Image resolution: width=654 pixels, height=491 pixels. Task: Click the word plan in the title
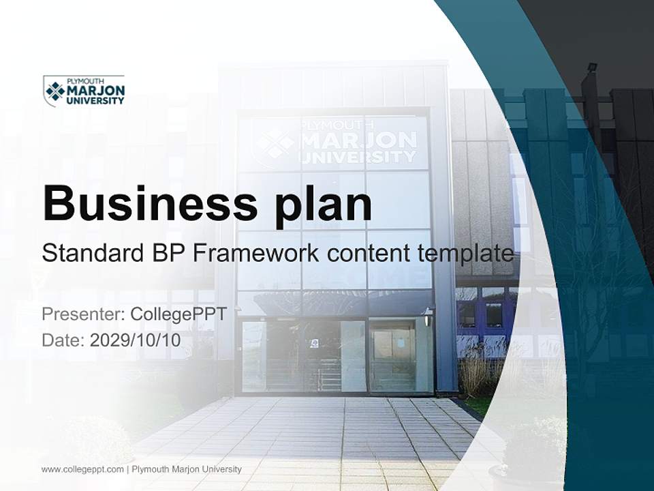(x=323, y=207)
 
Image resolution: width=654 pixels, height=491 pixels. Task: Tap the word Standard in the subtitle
(x=93, y=253)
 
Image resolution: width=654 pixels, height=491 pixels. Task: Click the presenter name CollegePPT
(x=178, y=314)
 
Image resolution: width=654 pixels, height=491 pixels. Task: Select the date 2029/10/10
(x=135, y=340)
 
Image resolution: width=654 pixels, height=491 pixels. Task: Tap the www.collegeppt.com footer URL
(x=82, y=469)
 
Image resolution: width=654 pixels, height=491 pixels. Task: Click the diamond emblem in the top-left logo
(x=55, y=91)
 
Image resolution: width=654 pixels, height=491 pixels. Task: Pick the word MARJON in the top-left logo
(x=95, y=91)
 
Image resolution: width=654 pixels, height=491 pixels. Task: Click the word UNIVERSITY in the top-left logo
(x=95, y=101)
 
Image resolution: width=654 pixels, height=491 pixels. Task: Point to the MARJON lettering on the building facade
(x=358, y=140)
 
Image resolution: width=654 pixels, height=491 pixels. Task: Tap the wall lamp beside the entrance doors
(x=428, y=316)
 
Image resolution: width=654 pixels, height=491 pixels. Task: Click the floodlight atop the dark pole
(x=593, y=67)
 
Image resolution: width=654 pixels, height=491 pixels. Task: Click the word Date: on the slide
(x=63, y=340)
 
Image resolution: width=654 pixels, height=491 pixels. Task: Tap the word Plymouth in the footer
(x=150, y=469)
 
